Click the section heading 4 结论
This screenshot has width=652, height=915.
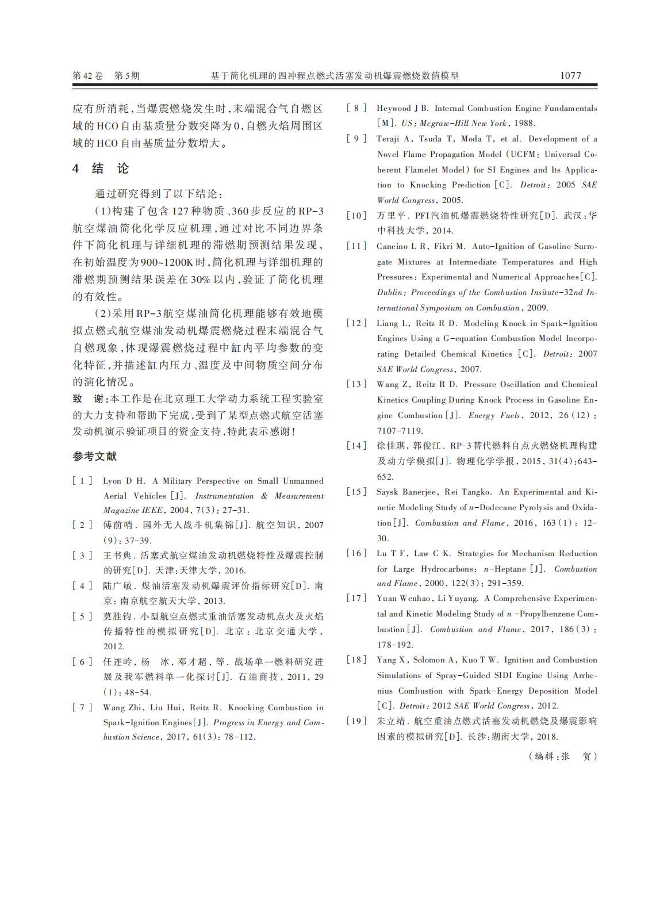101,169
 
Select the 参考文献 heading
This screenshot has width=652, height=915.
94,456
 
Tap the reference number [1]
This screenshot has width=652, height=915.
82,481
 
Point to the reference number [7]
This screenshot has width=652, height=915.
82,707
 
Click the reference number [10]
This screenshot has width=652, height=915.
356,216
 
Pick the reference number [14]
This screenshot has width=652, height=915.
356,446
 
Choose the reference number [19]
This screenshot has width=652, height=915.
356,721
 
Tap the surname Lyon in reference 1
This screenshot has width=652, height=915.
112,481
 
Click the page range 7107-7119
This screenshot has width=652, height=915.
400,430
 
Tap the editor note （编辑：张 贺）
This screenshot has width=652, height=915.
563,756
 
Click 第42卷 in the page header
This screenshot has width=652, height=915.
87,75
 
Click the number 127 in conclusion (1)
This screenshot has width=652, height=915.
182,210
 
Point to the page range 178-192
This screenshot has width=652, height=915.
395,645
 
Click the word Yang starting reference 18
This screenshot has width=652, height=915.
386,660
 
